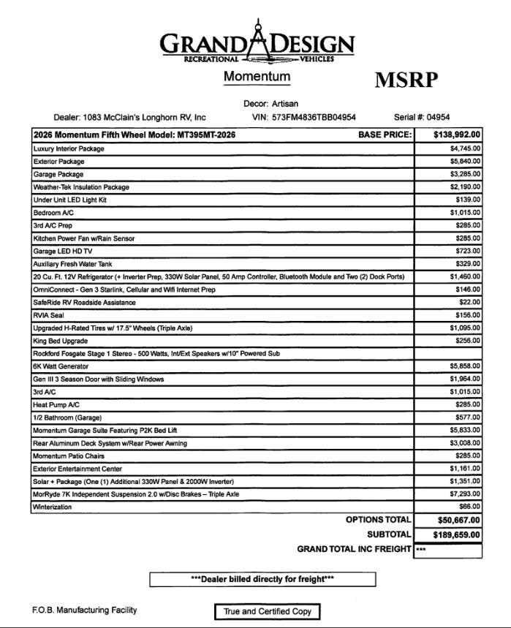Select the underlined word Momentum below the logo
click(257, 77)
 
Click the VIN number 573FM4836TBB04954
click(314, 117)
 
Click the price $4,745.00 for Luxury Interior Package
click(465, 148)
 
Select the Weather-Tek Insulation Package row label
click(81, 187)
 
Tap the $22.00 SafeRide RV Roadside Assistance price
click(470, 302)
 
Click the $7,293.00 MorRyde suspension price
click(465, 494)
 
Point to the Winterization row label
click(53, 507)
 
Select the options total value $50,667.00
click(458, 520)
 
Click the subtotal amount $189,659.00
click(457, 534)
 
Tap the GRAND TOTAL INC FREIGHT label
click(354, 549)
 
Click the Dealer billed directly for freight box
click(262, 579)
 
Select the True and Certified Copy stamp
click(267, 611)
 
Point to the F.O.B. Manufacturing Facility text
click(84, 610)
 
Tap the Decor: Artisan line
click(270, 104)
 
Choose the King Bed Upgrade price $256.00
click(468, 341)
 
